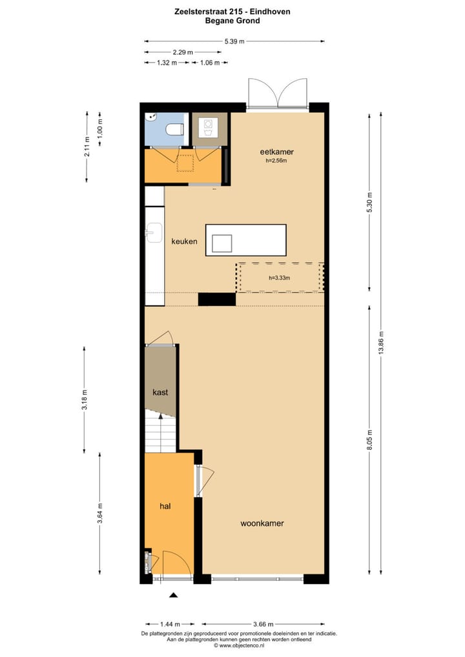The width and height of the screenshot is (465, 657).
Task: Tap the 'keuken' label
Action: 184,241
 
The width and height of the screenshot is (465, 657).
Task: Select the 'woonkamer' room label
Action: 262,523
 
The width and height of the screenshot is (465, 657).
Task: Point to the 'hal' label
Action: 165,507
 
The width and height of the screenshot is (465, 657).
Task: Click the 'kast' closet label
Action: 161,392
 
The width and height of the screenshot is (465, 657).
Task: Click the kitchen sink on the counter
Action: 154,233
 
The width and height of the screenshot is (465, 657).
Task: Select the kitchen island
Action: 245,240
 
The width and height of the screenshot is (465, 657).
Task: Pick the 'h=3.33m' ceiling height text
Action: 279,278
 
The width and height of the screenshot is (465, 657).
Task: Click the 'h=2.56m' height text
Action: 276,161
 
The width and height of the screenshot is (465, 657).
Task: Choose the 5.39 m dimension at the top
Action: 234,41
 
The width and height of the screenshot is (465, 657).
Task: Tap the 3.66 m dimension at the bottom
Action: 262,624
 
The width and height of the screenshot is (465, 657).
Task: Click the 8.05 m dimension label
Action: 369,439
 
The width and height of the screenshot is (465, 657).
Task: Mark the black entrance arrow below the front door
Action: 172,595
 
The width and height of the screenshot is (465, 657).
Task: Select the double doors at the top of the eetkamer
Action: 278,94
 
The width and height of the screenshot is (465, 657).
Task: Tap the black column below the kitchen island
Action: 216,299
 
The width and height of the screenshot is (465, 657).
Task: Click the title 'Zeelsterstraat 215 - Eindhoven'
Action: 232,12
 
